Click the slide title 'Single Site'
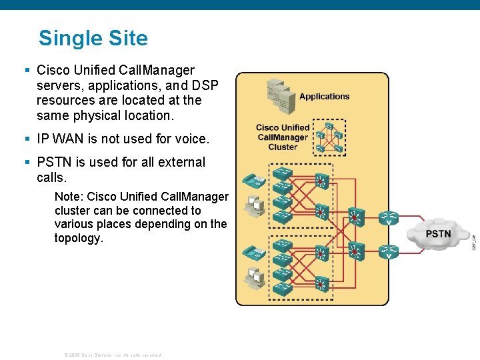pos(93,38)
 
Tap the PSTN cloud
pos(438,234)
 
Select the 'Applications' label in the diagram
pos(324,96)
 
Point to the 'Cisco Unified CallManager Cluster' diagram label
pos(283,137)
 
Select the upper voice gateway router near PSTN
pos(389,218)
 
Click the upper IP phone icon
pos(253,180)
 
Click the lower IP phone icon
pos(253,253)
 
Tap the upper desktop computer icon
pos(254,208)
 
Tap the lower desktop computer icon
pos(254,278)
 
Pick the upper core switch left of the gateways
pos(355,217)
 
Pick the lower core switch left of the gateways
pos(355,251)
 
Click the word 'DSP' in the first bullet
pos(204,85)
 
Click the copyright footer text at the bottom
pos(112,355)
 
